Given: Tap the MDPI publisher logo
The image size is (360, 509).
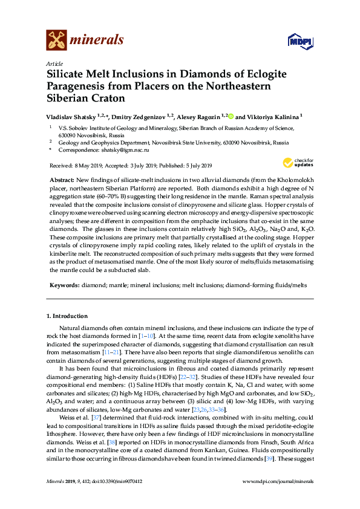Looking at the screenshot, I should point(300,41).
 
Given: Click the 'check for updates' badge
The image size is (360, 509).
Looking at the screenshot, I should point(298,163).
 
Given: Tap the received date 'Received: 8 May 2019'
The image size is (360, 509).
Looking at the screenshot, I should point(73,166).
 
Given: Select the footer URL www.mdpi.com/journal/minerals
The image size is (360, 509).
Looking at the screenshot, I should point(278,498).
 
